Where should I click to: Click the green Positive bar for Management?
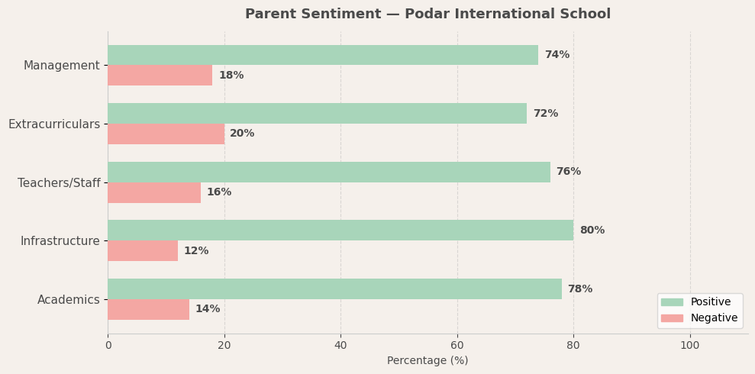point(323,55)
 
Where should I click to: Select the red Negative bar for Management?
point(160,76)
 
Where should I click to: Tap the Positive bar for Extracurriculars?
point(317,114)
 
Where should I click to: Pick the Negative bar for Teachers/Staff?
point(154,192)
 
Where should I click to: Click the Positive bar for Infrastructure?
point(340,231)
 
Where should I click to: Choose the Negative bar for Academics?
point(148,309)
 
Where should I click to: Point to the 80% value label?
point(592,231)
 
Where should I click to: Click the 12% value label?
point(196,251)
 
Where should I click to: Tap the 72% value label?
point(545,114)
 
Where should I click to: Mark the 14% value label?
point(208,309)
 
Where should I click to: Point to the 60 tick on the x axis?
point(457,345)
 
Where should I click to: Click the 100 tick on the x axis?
point(690,345)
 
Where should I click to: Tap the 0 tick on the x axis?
point(108,345)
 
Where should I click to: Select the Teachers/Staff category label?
point(59,183)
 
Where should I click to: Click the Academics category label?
point(69,300)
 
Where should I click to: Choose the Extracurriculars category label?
point(54,124)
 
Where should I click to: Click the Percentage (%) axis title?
point(428,361)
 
